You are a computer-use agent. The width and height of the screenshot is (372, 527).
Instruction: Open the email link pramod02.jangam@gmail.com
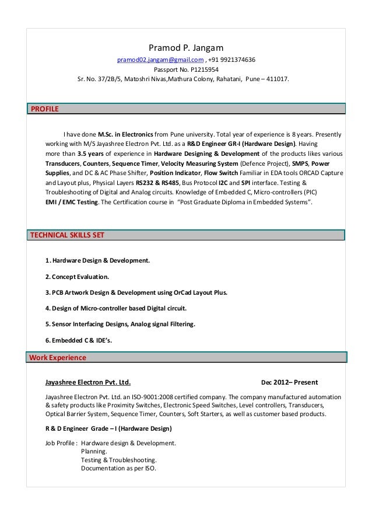pyautogui.click(x=161, y=60)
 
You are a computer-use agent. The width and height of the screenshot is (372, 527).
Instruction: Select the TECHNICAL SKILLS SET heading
pyautogui.click(x=67, y=235)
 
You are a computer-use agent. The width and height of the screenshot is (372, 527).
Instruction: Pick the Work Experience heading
pyautogui.click(x=57, y=357)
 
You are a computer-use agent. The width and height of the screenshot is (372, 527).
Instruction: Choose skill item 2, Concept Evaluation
pyautogui.click(x=77, y=276)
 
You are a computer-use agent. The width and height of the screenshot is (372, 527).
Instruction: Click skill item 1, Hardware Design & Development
pyautogui.click(x=97, y=260)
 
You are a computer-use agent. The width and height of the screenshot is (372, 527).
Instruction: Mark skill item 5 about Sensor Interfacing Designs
pyautogui.click(x=120, y=324)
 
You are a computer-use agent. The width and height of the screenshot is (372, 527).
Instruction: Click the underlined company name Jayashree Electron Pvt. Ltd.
pyautogui.click(x=87, y=383)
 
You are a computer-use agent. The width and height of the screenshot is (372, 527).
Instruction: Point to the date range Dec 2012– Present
pyautogui.click(x=289, y=383)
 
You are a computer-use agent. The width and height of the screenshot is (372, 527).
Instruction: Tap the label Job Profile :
pyautogui.click(x=61, y=443)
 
